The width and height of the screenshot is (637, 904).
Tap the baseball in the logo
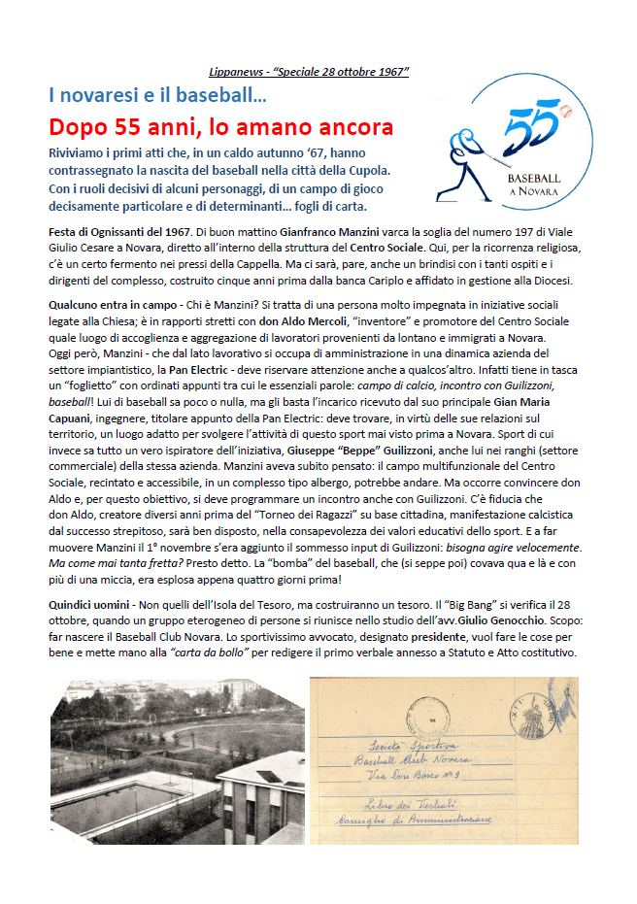click(566, 114)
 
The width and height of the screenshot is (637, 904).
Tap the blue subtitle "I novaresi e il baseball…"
click(158, 95)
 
